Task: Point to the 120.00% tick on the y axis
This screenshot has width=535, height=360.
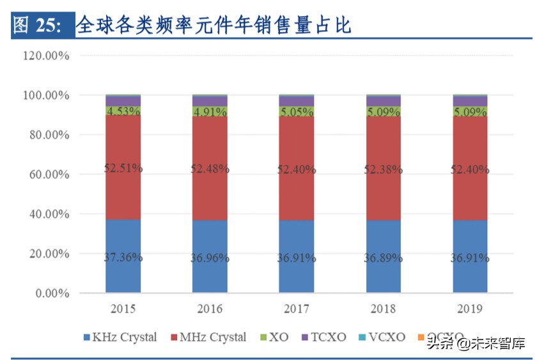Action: (46, 56)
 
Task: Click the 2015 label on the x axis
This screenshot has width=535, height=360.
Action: (123, 309)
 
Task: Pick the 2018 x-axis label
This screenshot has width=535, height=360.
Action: (384, 309)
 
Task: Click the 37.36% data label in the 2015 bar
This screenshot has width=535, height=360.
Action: (123, 258)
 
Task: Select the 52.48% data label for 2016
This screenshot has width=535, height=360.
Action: (210, 169)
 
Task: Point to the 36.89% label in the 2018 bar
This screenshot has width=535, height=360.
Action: (384, 258)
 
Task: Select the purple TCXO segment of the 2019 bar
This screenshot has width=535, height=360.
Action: (470, 101)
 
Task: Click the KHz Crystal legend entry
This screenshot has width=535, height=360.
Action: (120, 337)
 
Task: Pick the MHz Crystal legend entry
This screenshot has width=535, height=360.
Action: (209, 337)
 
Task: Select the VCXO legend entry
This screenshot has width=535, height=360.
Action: (382, 337)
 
